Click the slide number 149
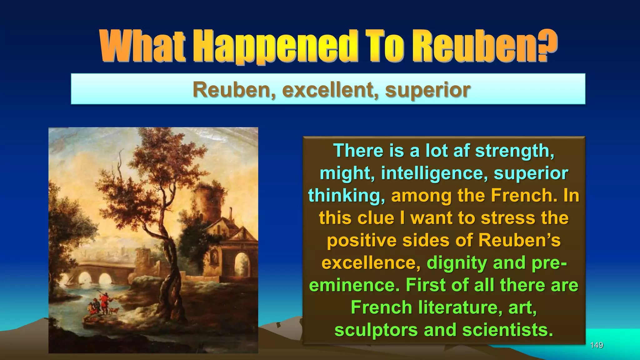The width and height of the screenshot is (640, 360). pyautogui.click(x=596, y=345)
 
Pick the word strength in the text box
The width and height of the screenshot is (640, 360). pyautogui.click(x=514, y=151)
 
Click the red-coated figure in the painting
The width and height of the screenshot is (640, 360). pyautogui.click(x=104, y=301)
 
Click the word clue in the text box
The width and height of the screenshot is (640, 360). pyautogui.click(x=376, y=218)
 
